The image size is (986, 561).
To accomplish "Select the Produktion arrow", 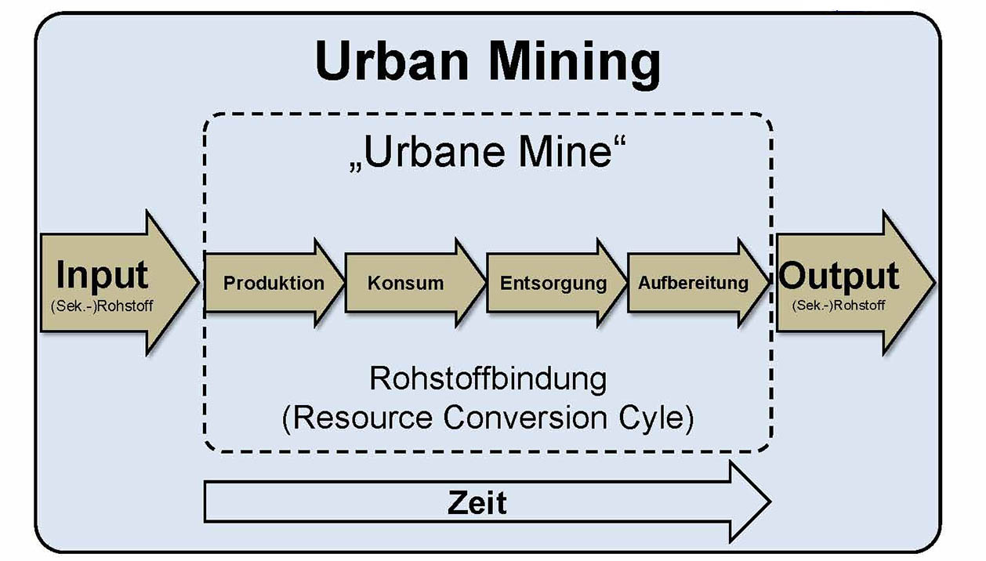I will (274, 283).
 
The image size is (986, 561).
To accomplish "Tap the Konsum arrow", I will (405, 283).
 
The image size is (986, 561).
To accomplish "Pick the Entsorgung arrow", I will (553, 283).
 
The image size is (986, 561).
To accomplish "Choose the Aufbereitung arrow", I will (693, 283).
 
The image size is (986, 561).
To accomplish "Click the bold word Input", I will (102, 275).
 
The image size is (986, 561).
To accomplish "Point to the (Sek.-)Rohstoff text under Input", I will (102, 304).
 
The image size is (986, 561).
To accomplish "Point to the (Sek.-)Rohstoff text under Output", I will (839, 304).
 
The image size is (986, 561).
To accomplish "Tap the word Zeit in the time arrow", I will (477, 502).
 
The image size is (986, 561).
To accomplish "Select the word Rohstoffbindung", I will (488, 379).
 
